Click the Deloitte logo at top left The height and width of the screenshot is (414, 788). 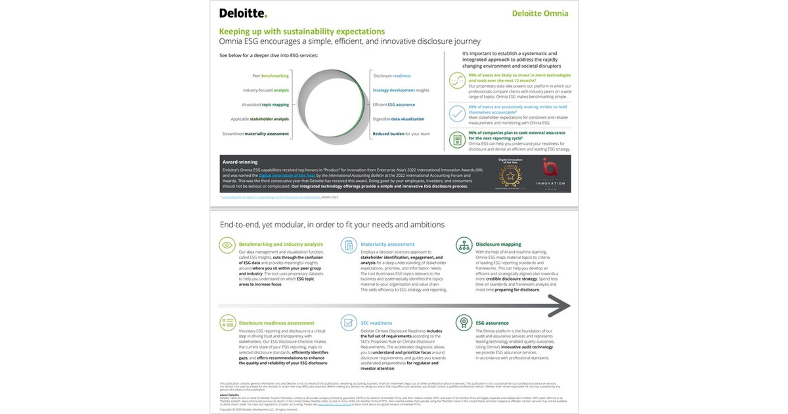(242, 12)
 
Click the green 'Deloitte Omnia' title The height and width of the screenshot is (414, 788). (540, 13)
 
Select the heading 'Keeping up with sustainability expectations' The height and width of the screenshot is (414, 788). (301, 31)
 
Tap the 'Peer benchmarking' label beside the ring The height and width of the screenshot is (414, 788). (266, 76)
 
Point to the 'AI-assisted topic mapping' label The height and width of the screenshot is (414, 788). (265, 104)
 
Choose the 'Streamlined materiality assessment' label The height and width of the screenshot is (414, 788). (259, 133)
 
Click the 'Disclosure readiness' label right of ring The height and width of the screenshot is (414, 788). (391, 76)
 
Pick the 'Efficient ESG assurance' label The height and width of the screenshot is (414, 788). (393, 104)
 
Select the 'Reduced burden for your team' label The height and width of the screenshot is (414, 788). (401, 133)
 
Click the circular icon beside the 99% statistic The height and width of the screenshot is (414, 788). (457, 80)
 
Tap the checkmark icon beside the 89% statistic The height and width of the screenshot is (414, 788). (457, 112)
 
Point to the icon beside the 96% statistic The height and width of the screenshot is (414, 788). (457, 139)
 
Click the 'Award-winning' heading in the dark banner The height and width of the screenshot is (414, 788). (240, 162)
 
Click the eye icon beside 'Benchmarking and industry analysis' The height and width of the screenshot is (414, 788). (227, 245)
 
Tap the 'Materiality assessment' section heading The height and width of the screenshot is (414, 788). (387, 244)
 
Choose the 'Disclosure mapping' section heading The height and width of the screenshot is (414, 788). (498, 244)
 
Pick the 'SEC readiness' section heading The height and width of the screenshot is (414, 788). (376, 323)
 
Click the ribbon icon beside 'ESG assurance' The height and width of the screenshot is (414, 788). (464, 322)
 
